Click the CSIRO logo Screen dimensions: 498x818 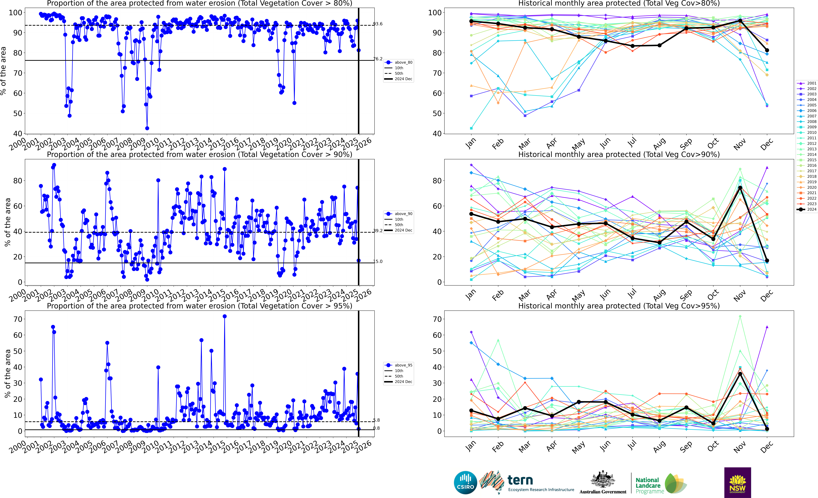click(465, 482)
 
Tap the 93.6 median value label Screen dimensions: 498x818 click(378, 24)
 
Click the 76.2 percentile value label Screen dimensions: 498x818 click(378, 59)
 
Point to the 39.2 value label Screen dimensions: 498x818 click(378, 230)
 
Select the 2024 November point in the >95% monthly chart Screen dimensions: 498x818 click(740, 374)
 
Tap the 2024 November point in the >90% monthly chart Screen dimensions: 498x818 click(740, 188)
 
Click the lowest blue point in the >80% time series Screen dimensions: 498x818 click(147, 128)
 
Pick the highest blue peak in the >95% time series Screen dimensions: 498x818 click(225, 316)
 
